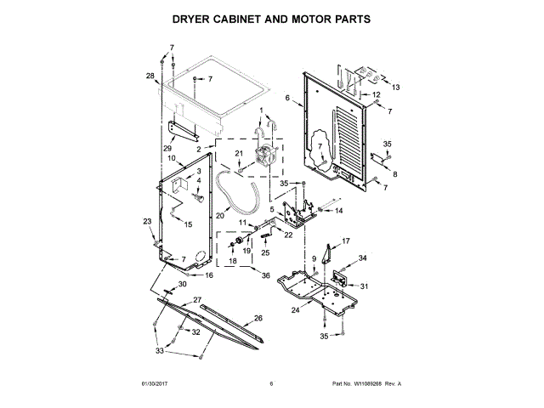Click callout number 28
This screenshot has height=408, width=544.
click(x=150, y=76)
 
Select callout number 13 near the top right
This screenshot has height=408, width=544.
click(x=395, y=88)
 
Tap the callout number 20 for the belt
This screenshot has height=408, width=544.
click(x=219, y=215)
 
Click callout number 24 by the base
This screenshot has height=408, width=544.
click(x=296, y=309)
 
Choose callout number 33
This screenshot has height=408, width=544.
click(x=159, y=350)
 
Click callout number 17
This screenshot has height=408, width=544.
click(x=345, y=241)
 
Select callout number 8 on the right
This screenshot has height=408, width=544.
click(x=394, y=173)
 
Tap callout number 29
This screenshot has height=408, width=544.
click(x=168, y=149)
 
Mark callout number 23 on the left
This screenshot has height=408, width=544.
click(x=146, y=221)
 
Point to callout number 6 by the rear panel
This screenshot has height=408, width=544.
click(x=287, y=99)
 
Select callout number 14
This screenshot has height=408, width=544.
click(x=338, y=210)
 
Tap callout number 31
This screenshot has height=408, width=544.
click(x=364, y=286)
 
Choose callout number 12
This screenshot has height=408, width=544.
click(x=377, y=95)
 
